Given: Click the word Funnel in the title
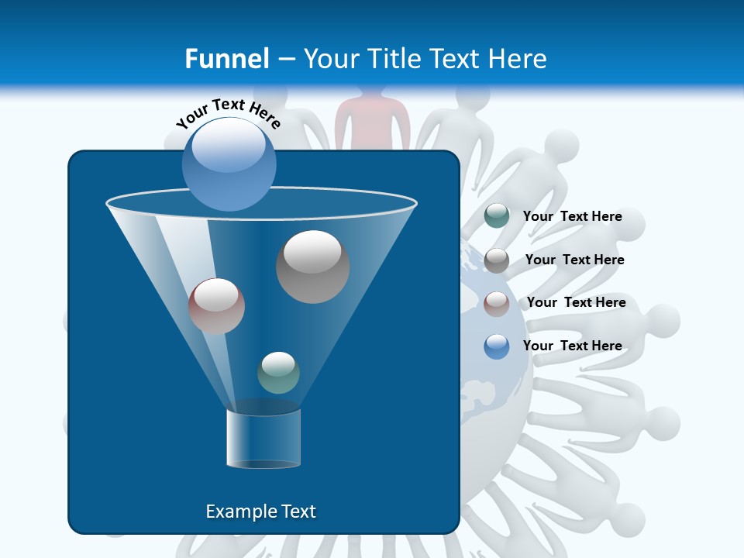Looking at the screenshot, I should [226, 58].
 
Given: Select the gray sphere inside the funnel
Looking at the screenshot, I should [312, 267].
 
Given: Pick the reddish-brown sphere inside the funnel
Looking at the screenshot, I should [216, 306].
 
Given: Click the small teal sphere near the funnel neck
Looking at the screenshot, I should [278, 372].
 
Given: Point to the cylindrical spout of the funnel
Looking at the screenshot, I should [263, 439].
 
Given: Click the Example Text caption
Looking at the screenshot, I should [261, 511].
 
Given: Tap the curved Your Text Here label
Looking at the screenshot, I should [229, 112].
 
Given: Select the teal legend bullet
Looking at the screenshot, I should [497, 216].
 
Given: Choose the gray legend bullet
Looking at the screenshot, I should [497, 260].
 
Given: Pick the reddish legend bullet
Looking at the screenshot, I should [497, 304].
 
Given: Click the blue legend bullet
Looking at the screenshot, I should [497, 346].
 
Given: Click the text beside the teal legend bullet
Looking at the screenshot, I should [572, 216].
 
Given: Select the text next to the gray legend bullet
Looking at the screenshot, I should [574, 260].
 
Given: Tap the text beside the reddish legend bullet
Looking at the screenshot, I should [576, 302].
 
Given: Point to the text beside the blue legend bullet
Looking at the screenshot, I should [572, 346].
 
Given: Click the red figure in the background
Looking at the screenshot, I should [372, 116].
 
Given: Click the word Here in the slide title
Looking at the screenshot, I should [517, 58].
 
